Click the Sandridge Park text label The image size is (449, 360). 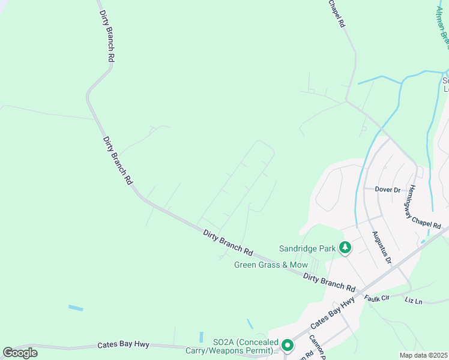307,248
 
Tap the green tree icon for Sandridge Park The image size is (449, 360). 345,247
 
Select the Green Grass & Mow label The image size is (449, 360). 271,265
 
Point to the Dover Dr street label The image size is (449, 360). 388,190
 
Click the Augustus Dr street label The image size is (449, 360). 381,248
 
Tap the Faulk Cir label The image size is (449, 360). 376,298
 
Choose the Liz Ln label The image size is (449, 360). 414,299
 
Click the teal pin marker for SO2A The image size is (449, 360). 287,345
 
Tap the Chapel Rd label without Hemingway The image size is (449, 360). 337,13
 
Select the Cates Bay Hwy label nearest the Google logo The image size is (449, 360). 123,346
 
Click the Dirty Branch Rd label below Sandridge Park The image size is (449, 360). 329,281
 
